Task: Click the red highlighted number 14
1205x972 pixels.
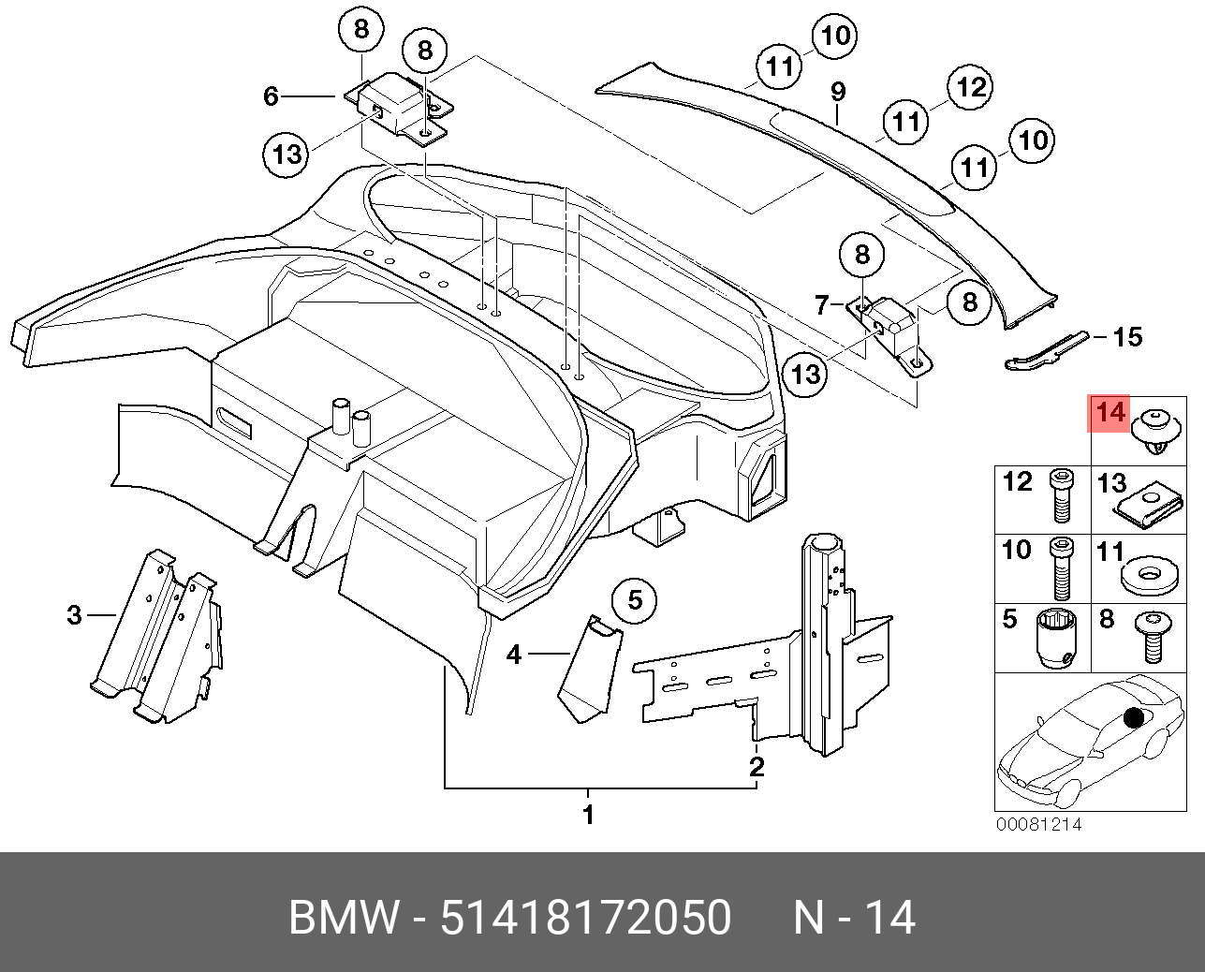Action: (1109, 413)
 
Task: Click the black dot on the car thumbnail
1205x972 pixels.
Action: (1134, 718)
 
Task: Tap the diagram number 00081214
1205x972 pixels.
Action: (1037, 825)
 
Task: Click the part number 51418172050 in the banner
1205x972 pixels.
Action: (585, 918)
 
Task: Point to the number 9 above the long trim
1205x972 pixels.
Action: (838, 92)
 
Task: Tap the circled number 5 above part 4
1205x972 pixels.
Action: (636, 599)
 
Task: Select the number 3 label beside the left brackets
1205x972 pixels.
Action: (75, 615)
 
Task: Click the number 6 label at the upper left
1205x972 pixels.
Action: (271, 96)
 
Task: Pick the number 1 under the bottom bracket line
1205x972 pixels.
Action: (588, 815)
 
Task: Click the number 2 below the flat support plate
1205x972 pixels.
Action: (757, 767)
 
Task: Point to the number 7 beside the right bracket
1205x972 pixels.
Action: (821, 304)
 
